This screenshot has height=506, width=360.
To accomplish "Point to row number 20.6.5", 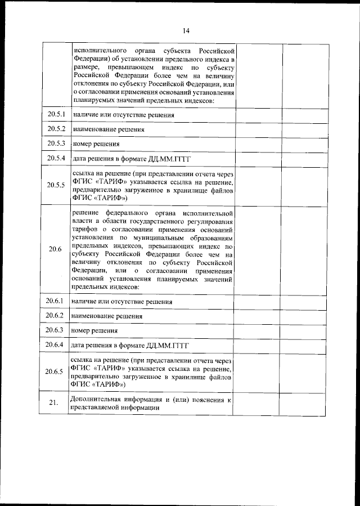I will pyautogui.click(x=55, y=371).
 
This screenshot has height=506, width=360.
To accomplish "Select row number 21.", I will pyautogui.click(x=54, y=403).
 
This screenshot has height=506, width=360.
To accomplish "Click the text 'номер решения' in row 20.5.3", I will pyautogui.click(x=93, y=144).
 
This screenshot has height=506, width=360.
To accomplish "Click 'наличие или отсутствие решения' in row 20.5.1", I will pyautogui.click(x=122, y=115).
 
